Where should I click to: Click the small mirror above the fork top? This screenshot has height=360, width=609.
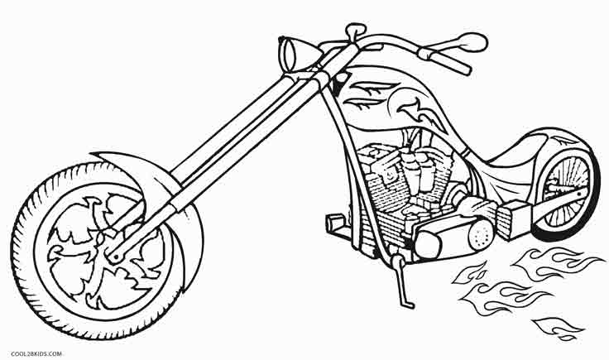355,30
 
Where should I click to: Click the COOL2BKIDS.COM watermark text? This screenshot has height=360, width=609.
36,353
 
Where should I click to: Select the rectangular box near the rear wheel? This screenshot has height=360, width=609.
515,220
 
